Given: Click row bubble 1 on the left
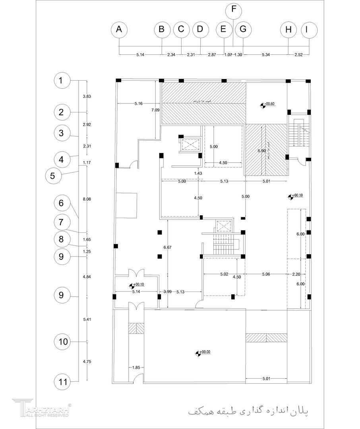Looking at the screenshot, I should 61,81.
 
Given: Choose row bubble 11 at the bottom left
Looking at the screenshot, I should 61,382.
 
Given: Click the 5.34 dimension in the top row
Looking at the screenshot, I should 265,55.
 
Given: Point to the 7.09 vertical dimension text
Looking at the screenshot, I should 155,110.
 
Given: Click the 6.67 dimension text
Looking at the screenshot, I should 167,247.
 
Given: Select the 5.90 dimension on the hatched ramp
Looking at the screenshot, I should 261,151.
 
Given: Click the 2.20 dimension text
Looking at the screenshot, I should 296,274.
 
